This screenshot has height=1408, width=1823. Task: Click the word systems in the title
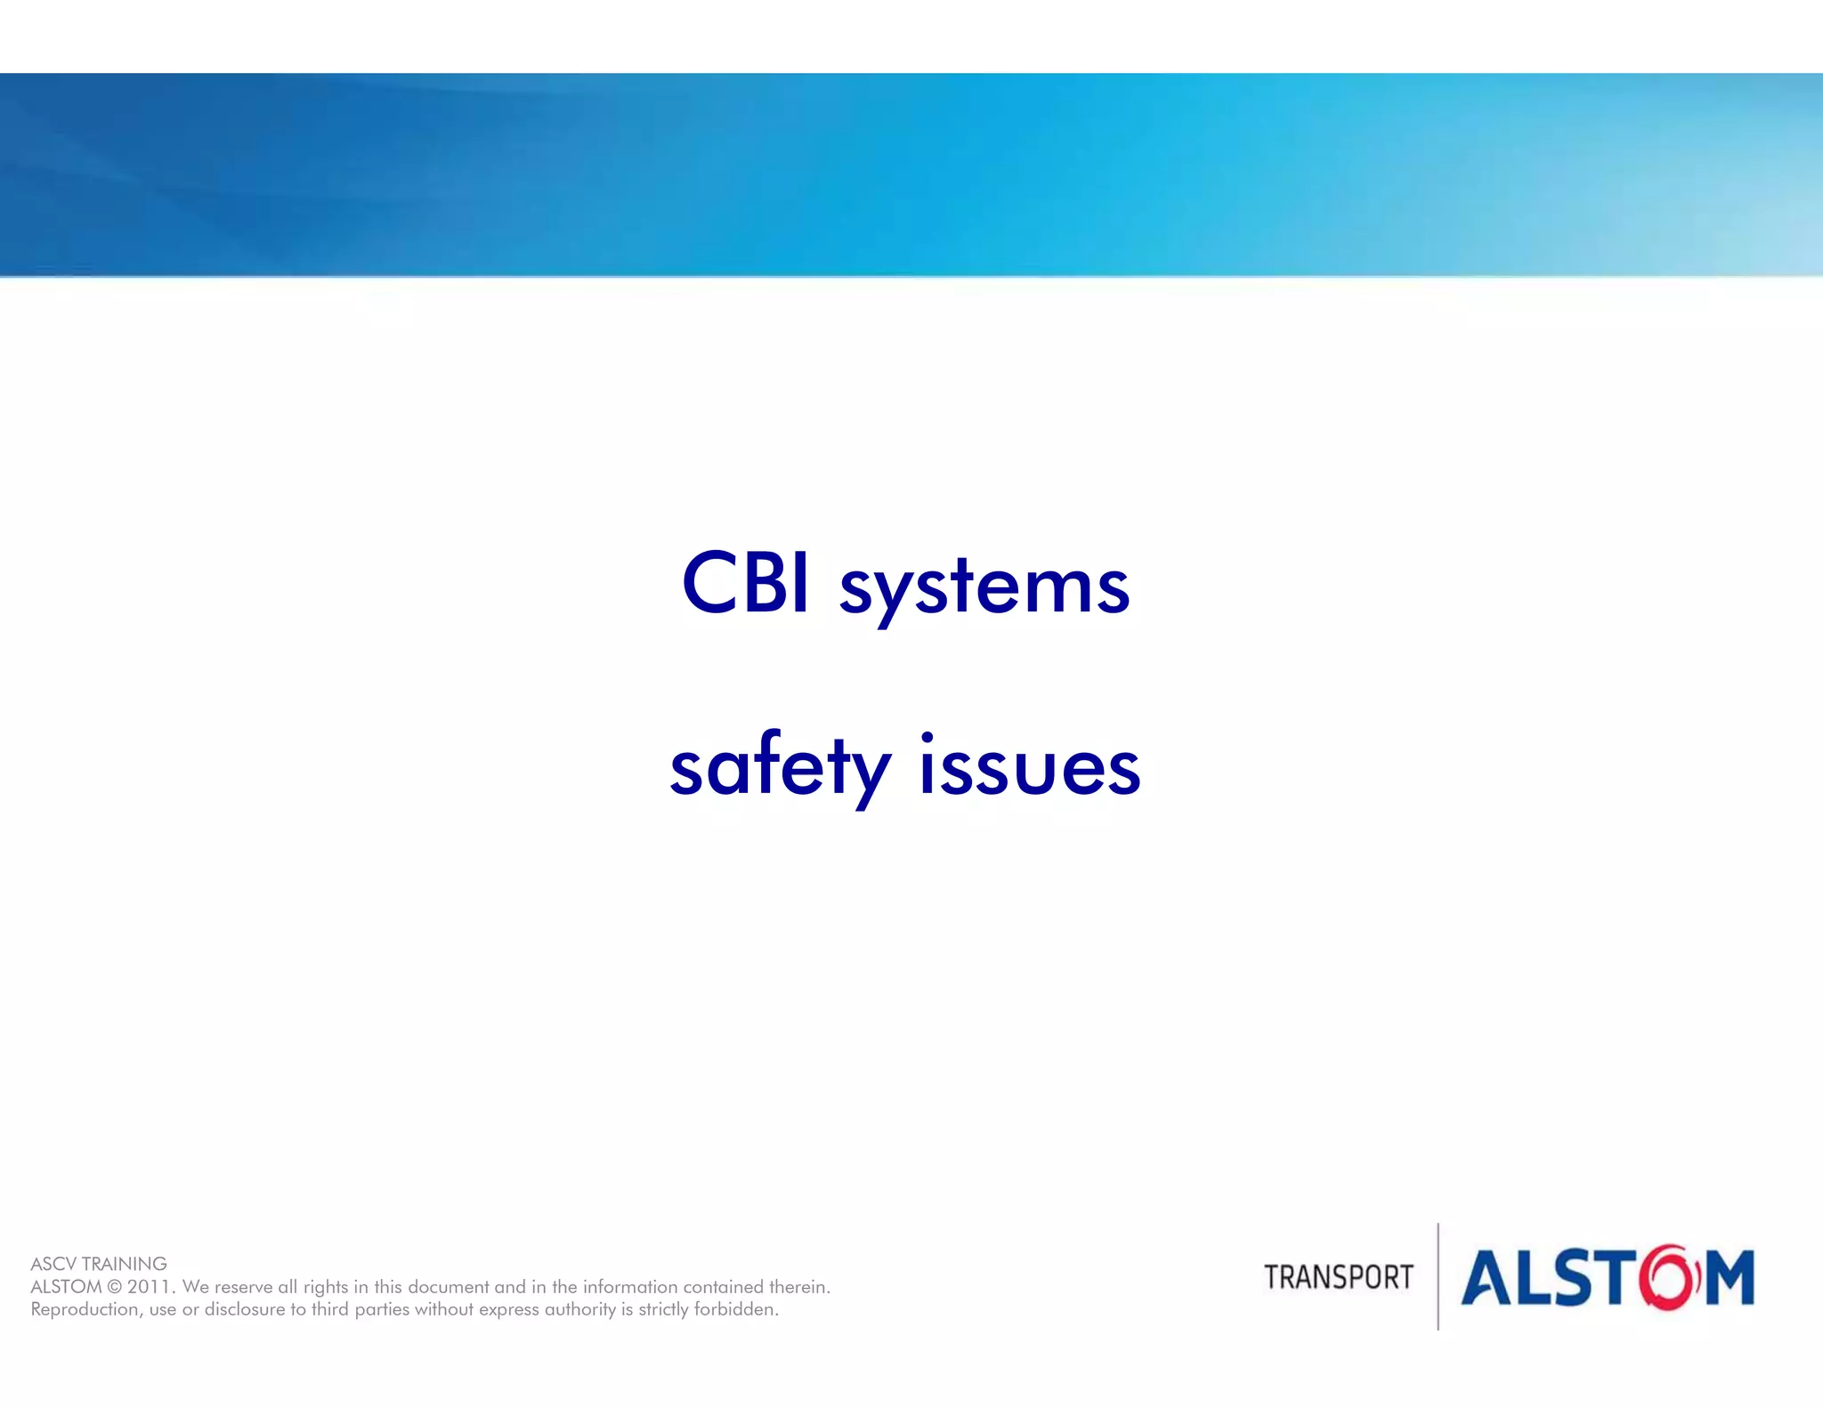coord(984,590)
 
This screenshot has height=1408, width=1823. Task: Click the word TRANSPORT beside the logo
coord(1338,1277)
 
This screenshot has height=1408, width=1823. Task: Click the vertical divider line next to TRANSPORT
coord(1438,1276)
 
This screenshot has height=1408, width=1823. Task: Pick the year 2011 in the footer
coord(150,1287)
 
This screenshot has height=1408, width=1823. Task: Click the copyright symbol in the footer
coord(114,1287)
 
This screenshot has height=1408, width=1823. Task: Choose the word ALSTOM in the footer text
coord(66,1287)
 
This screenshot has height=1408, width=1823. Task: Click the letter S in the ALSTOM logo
coord(1575,1278)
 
